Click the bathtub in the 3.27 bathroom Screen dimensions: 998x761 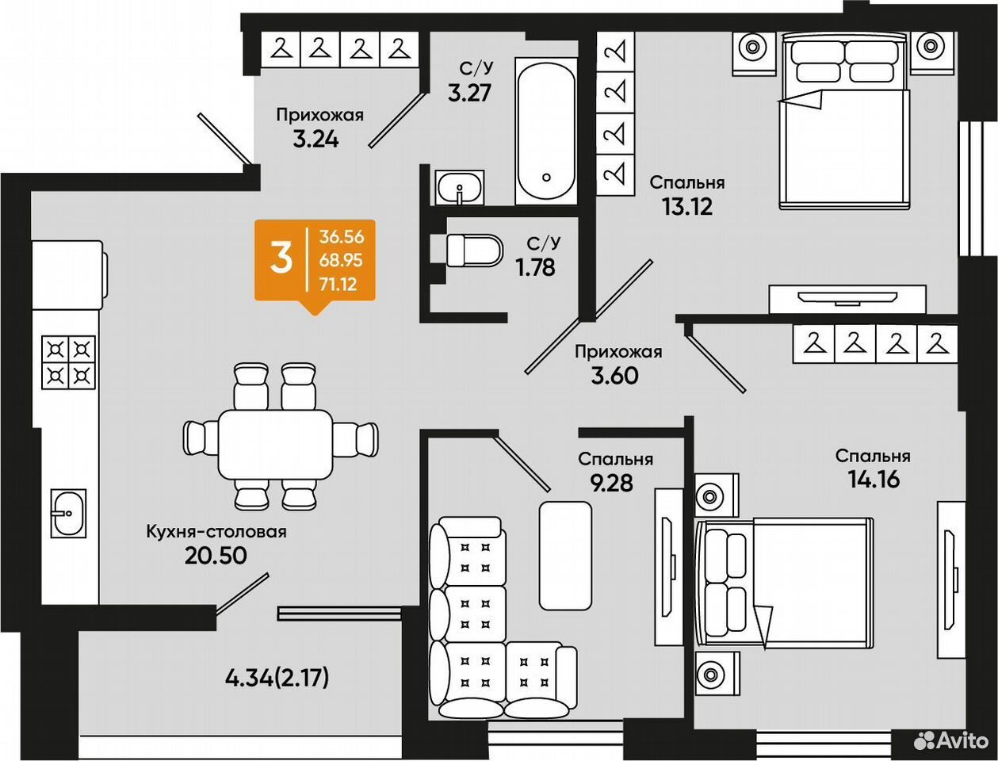click(546, 131)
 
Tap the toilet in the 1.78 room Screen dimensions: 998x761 click(475, 250)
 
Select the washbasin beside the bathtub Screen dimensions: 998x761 click(460, 188)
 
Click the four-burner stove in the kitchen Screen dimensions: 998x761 click(69, 362)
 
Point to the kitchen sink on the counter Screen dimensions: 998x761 click(69, 513)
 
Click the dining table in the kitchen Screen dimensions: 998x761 click(276, 444)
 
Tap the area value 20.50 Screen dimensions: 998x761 click(216, 555)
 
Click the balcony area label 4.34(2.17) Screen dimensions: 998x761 click(277, 679)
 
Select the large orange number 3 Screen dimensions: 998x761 click(281, 258)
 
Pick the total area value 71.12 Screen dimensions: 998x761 click(338, 285)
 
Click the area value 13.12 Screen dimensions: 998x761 click(687, 208)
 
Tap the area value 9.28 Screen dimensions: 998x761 click(611, 484)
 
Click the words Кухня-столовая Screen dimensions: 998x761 click(216, 531)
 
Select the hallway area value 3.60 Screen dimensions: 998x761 click(614, 376)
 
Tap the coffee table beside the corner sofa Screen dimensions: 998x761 click(566, 556)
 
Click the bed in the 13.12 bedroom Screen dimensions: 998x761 click(845, 123)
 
